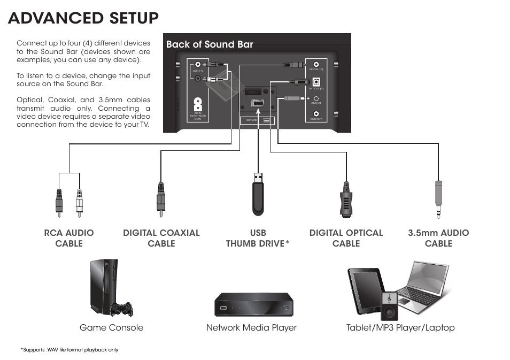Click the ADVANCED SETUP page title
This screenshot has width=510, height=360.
[83, 18]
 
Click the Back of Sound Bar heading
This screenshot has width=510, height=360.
[210, 44]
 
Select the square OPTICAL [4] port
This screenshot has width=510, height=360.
[316, 82]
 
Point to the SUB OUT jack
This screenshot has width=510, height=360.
[316, 113]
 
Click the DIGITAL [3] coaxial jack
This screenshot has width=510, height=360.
[316, 63]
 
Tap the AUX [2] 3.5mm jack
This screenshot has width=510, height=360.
[316, 98]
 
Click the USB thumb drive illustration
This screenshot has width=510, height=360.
[258, 194]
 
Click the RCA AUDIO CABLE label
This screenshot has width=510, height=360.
[69, 238]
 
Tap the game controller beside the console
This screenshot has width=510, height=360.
[122, 309]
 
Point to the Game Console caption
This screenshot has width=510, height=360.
[111, 327]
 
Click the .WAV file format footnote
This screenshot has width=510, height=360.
[69, 350]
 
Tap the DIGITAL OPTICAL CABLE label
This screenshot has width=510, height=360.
[346, 238]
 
